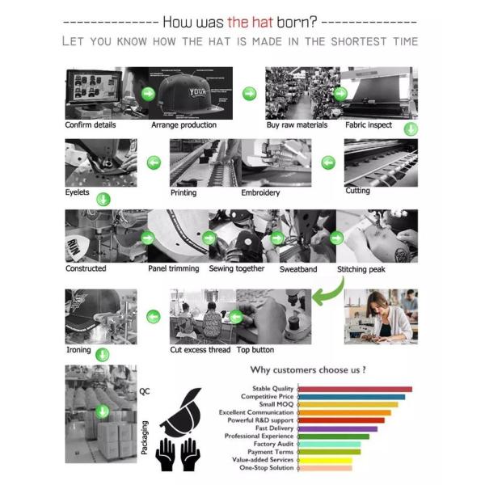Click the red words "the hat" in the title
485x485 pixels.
tap(250, 23)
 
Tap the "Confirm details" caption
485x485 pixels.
tap(91, 125)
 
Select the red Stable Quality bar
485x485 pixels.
tap(355, 389)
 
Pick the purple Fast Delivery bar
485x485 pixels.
tap(338, 428)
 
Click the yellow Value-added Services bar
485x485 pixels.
tap(325, 460)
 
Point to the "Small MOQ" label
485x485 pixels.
tap(276, 404)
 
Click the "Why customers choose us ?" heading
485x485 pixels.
tap(308, 370)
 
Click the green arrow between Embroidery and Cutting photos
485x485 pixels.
tap(328, 162)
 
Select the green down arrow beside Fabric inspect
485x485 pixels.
tap(411, 129)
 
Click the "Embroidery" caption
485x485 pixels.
tap(260, 192)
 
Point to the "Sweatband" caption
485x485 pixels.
tap(298, 269)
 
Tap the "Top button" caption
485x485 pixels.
tap(255, 350)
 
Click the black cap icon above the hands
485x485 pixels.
tap(181, 412)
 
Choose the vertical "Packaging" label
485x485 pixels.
tap(145, 437)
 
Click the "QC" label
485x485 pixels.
tap(145, 391)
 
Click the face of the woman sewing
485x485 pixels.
tap(377, 307)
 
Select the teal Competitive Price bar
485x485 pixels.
tap(352, 397)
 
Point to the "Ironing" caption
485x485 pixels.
tap(78, 350)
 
